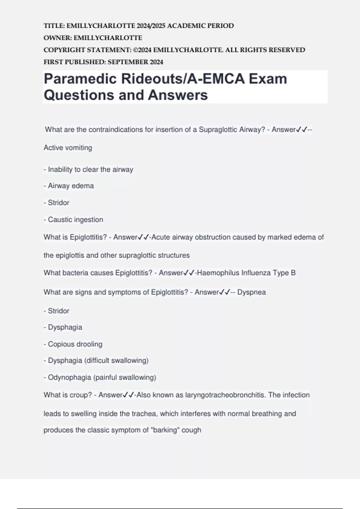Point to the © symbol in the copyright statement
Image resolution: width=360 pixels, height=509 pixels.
[x=135, y=50]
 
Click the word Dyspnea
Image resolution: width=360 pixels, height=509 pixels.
[x=251, y=292]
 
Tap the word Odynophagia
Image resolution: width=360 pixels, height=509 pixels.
[x=70, y=378]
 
